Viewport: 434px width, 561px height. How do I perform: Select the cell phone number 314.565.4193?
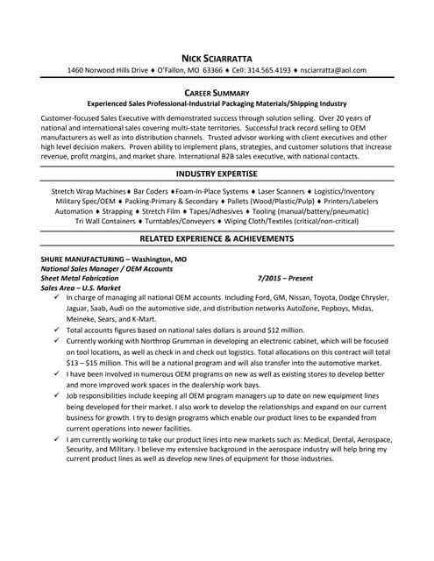pos(261,70)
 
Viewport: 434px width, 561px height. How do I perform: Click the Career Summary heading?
pos(217,92)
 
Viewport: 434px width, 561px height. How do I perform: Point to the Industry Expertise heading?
pos(217,175)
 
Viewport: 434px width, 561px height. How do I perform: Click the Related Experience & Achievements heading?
pos(217,238)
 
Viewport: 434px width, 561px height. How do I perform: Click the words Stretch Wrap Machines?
pos(89,191)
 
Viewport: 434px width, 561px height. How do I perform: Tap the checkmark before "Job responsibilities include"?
pos(56,397)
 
